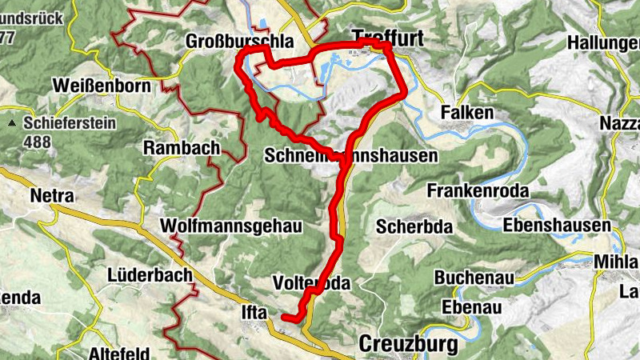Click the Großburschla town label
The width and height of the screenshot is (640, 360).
click(239, 41)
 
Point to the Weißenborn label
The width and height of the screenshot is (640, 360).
click(101, 85)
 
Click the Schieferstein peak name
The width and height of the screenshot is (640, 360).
click(70, 124)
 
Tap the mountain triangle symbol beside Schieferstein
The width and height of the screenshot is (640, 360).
click(13, 125)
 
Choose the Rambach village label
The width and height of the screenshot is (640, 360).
click(182, 147)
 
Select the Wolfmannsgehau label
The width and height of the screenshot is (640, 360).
click(231, 226)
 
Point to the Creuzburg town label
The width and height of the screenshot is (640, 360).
click(409, 344)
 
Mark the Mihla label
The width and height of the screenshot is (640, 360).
click(617, 261)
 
